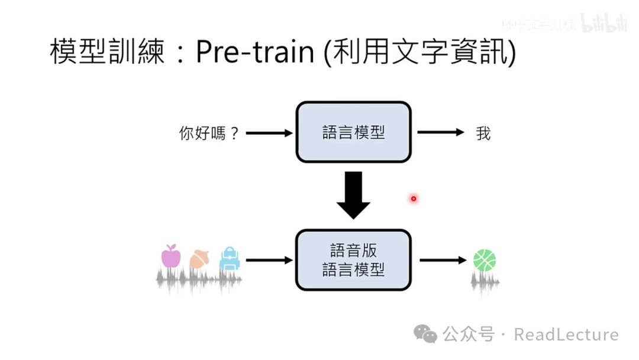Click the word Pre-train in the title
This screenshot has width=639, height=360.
pos(255,52)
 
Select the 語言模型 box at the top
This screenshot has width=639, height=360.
pos(353,132)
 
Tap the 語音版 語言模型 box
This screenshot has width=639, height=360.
pos(353,261)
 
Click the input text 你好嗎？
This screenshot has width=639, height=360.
pos(209,133)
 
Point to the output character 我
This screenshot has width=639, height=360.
pos(483,133)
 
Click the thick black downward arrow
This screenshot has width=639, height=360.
pos(353,195)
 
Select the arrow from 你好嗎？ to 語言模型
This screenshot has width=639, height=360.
pos(269,133)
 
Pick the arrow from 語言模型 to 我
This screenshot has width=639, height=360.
pos(441,133)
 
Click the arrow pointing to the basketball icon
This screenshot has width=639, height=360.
pos(443,260)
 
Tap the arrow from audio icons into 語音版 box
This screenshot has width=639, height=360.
pos(269,260)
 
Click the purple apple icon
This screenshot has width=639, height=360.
pos(170,256)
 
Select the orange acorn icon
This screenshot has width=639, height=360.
pos(199,259)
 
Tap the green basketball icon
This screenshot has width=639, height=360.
pos(485,260)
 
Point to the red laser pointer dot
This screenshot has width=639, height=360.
pos(414,198)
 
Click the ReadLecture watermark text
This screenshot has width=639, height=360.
pos(566,335)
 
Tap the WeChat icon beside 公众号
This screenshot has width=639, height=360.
pos(425,335)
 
